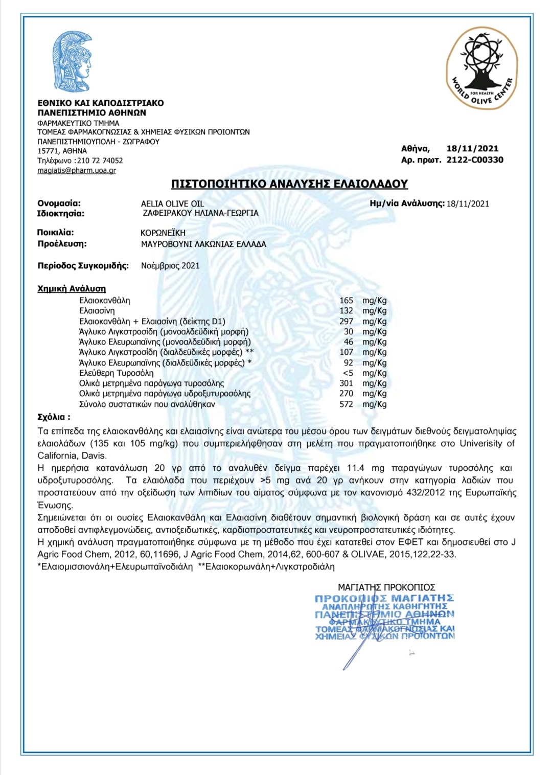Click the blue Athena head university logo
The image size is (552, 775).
(73, 61)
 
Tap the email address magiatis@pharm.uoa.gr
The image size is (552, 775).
(77, 170)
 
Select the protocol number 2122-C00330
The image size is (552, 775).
(475, 160)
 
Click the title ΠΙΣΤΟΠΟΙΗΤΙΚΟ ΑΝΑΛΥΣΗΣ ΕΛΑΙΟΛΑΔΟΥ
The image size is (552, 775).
(289, 184)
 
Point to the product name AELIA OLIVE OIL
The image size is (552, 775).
(172, 203)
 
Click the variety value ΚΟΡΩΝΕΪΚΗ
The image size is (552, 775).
(163, 233)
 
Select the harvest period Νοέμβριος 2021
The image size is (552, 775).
(170, 266)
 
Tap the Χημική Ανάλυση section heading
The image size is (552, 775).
(72, 289)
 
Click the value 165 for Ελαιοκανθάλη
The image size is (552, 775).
(346, 301)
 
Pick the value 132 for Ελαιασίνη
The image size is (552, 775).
(346, 311)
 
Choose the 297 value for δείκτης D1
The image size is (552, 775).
(346, 322)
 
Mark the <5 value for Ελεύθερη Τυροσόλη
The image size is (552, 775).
(348, 373)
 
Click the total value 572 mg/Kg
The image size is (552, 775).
(346, 404)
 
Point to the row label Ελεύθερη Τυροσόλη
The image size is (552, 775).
(116, 373)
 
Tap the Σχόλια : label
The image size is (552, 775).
(54, 417)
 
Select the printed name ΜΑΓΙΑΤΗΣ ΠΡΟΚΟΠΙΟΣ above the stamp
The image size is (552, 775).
(386, 587)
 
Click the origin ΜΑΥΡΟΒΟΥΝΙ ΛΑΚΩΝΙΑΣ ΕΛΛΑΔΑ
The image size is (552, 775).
(203, 244)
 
